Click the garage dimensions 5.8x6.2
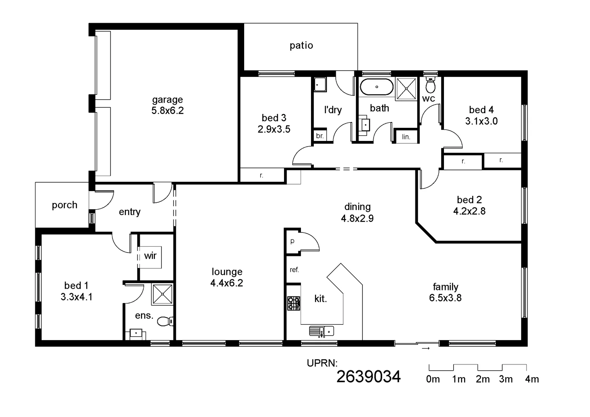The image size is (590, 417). point(167,111)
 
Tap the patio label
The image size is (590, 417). point(301,46)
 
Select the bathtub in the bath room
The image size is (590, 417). point(376,87)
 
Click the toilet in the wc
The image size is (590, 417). point(430,84)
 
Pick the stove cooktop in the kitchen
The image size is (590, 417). point(294,303)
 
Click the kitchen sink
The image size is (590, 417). point(321,331)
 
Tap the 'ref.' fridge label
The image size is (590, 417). point(294,270)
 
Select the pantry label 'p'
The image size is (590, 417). point(292,241)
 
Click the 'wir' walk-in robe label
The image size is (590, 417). point(150,256)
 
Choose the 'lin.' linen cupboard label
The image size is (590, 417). point(406,137)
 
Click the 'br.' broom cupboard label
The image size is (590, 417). point(320,136)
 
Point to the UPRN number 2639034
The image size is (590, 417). point(368,376)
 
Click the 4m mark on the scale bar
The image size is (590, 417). point(532,379)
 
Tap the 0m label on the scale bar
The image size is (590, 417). point(433,379)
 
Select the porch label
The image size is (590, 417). point(65,205)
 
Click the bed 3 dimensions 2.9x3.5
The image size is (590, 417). point(274,129)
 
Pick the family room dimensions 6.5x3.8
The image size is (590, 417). point(445,298)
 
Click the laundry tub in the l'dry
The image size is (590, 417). point(320,84)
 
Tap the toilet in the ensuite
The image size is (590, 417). point(166,321)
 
